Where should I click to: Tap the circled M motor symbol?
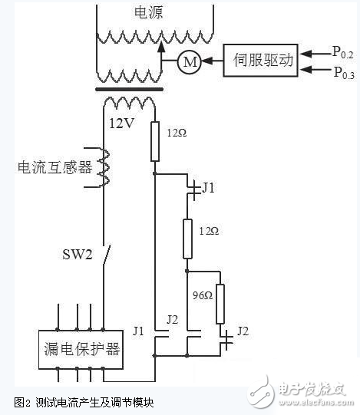point(188,62)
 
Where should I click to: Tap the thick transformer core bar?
point(128,88)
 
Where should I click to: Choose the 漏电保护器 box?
point(81,349)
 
